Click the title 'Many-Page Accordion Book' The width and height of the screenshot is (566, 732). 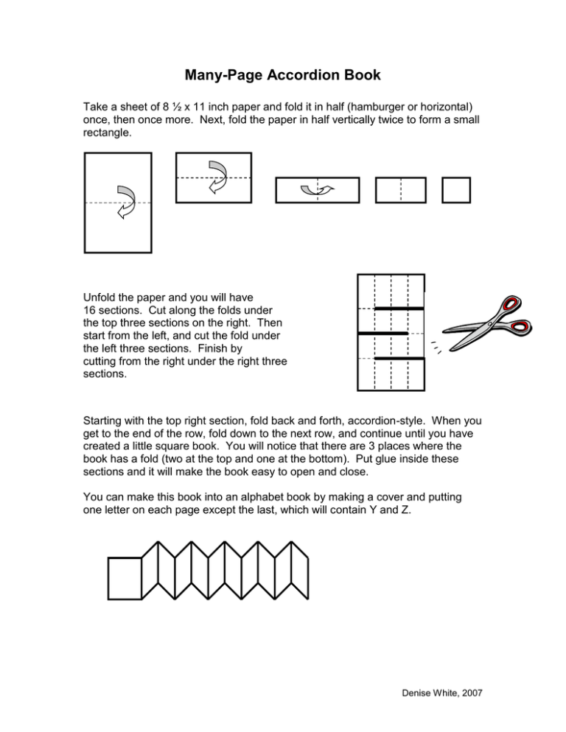pos(282,75)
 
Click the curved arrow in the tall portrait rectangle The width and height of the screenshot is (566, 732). pos(125,202)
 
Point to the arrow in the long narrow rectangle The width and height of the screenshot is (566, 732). pos(318,191)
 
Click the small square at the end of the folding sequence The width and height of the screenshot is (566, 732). pos(456,190)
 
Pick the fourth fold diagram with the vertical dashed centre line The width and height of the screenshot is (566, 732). pos(400,190)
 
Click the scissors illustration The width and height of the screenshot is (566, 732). pos(489,324)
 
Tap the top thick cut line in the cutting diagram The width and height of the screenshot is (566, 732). pos(399,309)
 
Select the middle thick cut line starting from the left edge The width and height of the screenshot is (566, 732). pos(382,334)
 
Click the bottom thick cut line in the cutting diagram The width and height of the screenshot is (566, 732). pos(399,359)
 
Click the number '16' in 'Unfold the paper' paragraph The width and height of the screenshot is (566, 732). pos(91,310)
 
